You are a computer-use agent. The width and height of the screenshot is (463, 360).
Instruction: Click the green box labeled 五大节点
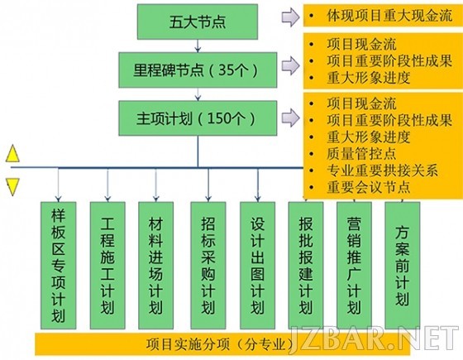pos(198,22)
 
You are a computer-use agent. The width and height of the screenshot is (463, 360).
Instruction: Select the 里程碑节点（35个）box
pos(198,70)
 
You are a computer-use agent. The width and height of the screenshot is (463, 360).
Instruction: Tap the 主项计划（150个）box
pos(198,118)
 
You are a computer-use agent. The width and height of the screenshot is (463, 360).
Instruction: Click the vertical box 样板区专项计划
pos(58,266)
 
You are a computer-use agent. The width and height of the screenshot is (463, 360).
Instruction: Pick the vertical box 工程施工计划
pos(107,266)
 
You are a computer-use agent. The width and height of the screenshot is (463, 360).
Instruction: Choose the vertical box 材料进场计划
pos(155,266)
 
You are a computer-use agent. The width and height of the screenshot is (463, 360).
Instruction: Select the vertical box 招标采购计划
pos(208,266)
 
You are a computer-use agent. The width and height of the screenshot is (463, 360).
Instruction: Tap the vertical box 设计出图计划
pos(257,266)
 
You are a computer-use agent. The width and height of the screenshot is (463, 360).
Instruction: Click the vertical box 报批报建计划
pos(306,266)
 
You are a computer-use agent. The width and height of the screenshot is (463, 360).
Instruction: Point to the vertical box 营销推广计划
pos(354,266)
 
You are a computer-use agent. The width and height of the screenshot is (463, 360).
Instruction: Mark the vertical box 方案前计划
pos(403,266)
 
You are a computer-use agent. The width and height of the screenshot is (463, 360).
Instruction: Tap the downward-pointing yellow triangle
pos(12,186)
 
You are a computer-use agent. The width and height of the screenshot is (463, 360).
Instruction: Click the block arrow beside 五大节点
pos(290,17)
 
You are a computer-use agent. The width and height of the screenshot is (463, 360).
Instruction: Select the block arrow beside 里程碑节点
pos(290,65)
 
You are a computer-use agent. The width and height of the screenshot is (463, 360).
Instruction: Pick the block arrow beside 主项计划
pos(290,118)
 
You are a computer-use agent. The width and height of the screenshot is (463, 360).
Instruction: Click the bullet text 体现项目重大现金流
pos(389,16)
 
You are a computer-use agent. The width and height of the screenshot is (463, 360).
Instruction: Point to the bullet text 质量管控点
pos(361,153)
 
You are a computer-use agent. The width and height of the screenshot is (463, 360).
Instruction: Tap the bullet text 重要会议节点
pos(369,187)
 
